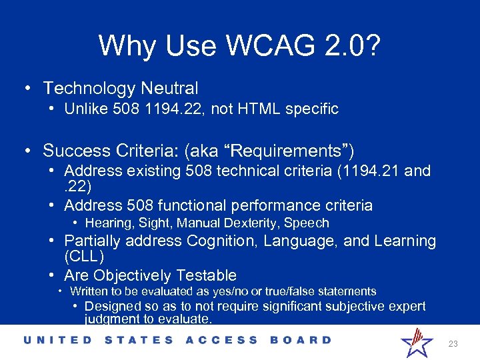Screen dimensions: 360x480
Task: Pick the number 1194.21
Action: click(x=370, y=171)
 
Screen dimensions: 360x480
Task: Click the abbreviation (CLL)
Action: click(x=84, y=256)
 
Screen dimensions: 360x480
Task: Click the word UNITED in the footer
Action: click(x=59, y=340)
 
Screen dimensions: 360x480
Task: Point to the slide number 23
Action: click(x=453, y=344)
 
